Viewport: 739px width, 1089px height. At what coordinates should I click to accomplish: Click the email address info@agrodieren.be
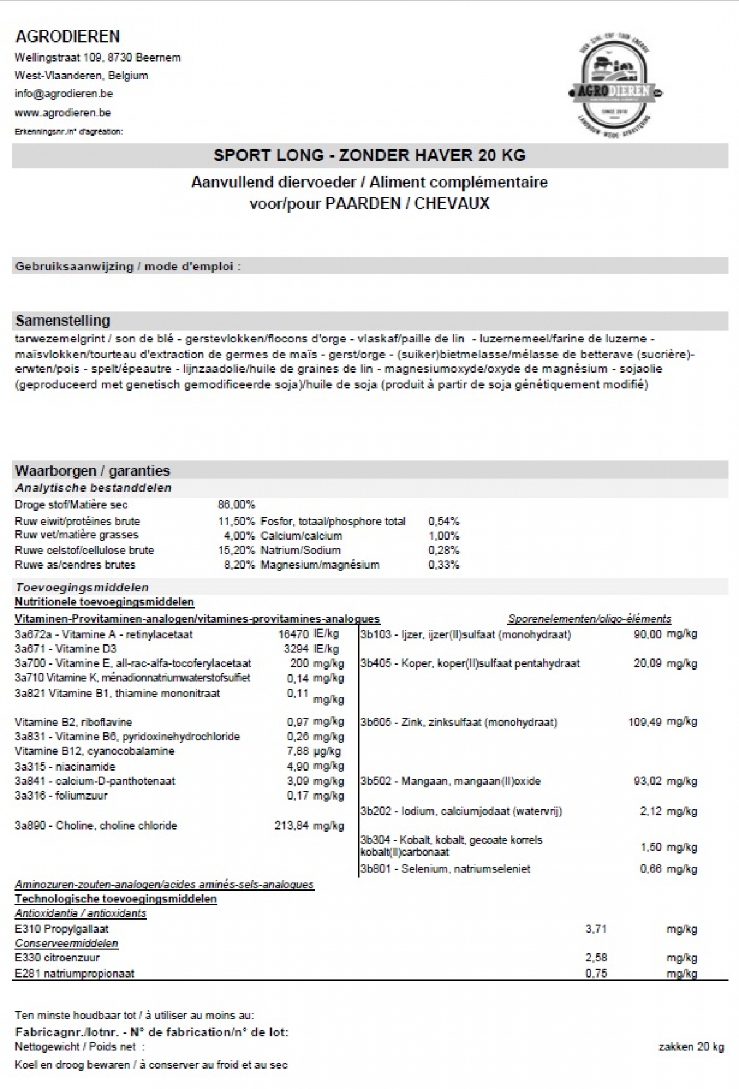click(63, 94)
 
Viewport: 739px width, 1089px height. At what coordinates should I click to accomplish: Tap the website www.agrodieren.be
click(62, 113)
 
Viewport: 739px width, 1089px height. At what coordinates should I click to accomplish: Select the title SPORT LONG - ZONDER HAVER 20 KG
click(369, 155)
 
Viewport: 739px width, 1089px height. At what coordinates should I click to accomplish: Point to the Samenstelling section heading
click(62, 320)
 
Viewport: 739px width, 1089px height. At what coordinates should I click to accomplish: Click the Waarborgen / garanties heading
click(92, 471)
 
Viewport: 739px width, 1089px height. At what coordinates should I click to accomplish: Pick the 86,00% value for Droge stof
click(236, 504)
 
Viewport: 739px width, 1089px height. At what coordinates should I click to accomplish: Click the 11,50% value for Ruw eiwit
click(236, 521)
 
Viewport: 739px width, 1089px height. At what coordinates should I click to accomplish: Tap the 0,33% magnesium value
click(443, 564)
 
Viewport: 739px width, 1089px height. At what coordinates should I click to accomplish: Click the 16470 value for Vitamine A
click(293, 634)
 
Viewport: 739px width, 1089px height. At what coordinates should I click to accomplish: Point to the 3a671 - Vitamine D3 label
click(65, 649)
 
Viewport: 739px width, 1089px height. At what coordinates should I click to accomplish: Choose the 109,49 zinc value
click(644, 722)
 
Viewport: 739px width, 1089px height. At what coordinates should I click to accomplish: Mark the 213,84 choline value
click(291, 825)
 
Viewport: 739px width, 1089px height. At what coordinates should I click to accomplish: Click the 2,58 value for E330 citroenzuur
click(596, 958)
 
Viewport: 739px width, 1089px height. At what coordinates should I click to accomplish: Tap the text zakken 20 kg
click(691, 1046)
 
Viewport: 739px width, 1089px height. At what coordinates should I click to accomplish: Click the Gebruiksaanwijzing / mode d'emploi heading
click(127, 267)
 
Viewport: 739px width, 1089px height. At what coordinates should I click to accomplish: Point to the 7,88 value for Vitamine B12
click(297, 751)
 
